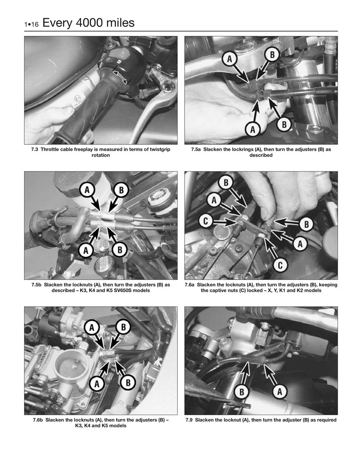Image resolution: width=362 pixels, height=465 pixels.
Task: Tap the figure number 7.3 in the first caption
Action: (35, 150)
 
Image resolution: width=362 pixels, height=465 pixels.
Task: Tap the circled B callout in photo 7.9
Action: (240, 392)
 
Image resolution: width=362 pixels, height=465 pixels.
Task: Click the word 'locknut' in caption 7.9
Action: (231, 420)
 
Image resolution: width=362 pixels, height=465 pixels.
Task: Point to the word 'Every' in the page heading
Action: (57, 22)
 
